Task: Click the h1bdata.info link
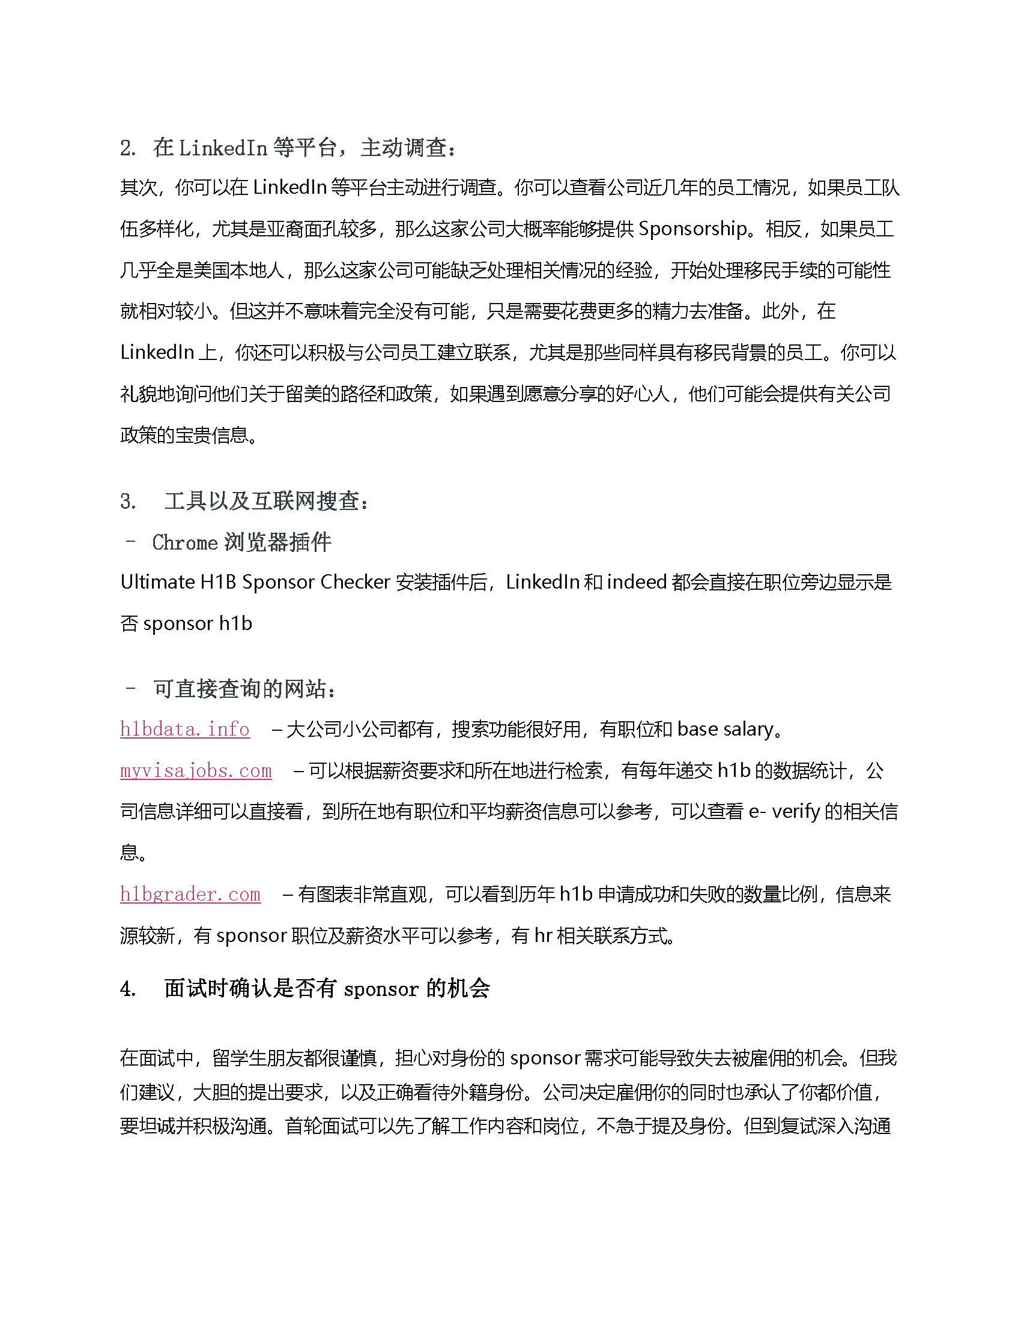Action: click(x=184, y=730)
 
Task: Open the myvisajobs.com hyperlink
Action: click(x=196, y=770)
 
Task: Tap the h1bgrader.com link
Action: click(x=190, y=894)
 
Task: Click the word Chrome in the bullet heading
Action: click(x=184, y=542)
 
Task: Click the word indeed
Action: click(x=636, y=582)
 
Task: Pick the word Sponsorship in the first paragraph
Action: click(x=692, y=229)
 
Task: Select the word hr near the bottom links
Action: click(x=542, y=935)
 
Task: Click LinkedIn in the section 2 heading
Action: click(x=223, y=148)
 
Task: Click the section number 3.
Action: click(x=127, y=501)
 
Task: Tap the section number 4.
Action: click(x=127, y=989)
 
